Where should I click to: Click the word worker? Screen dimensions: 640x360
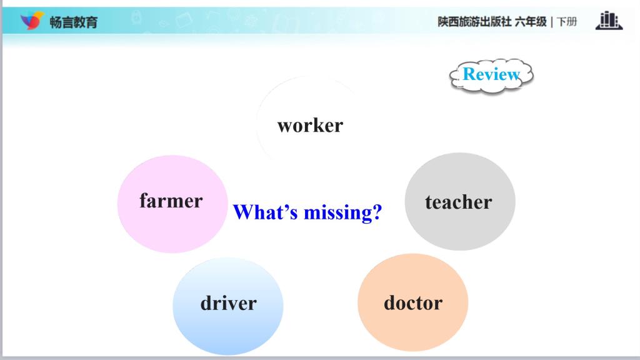(x=310, y=125)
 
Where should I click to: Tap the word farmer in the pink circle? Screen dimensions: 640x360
(x=171, y=201)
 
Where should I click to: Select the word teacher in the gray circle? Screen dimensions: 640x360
(x=458, y=202)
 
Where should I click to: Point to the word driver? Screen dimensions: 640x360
(x=229, y=303)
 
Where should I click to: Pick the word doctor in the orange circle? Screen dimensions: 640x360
(x=413, y=302)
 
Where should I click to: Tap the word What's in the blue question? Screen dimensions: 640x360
(x=265, y=212)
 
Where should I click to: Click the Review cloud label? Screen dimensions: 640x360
(x=491, y=76)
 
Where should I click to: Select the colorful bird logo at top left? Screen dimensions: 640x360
(x=32, y=21)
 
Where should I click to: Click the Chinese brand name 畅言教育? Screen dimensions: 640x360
(x=74, y=22)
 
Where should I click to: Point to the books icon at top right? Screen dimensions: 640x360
(x=609, y=21)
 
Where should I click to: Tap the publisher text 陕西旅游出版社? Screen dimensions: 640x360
(x=474, y=22)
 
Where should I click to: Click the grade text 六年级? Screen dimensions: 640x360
(x=531, y=22)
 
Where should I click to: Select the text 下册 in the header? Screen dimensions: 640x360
(x=567, y=22)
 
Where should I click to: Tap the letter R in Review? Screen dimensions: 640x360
(x=469, y=74)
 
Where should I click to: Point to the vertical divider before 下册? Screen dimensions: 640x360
(x=552, y=22)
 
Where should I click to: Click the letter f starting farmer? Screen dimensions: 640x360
(x=144, y=200)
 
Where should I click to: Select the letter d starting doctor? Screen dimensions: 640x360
(x=389, y=302)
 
